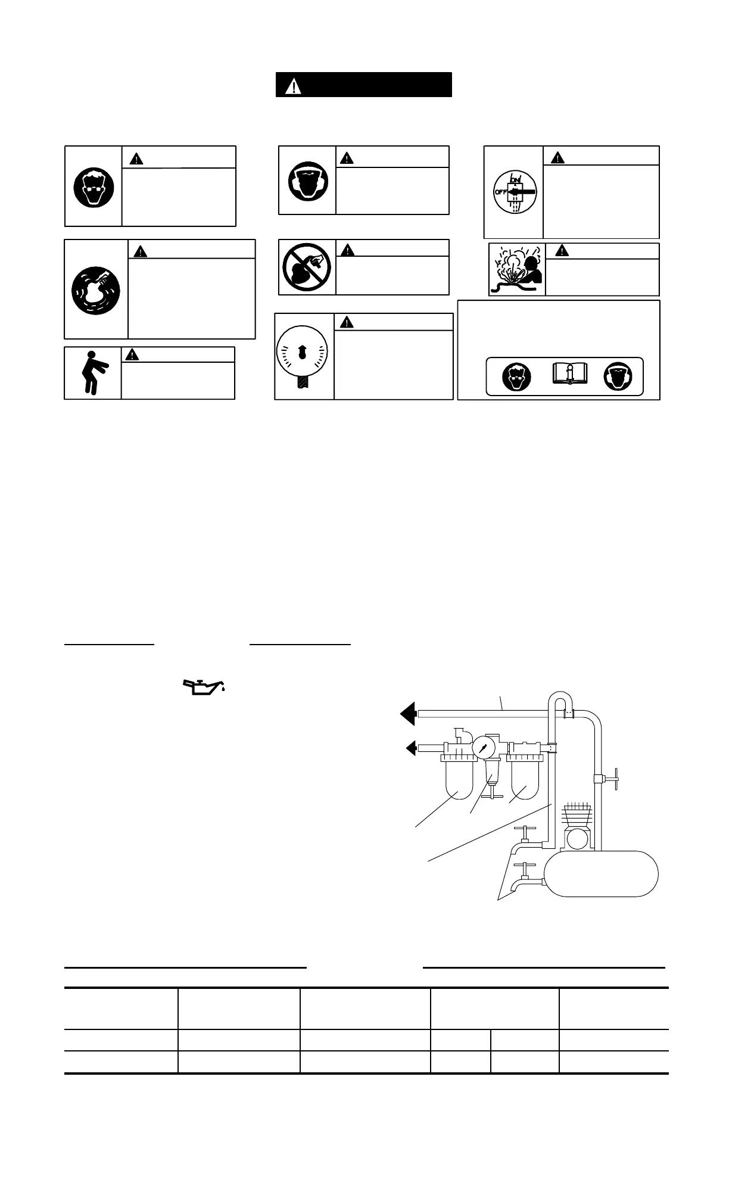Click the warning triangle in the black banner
click(x=293, y=86)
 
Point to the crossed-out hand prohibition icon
click(x=307, y=268)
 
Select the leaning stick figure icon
click(x=91, y=373)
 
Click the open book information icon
click(x=569, y=374)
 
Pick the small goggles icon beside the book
click(x=516, y=377)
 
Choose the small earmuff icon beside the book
click(x=618, y=377)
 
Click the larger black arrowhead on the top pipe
click(x=408, y=713)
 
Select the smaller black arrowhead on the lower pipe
click(x=410, y=747)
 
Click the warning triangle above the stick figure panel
click(x=131, y=354)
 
